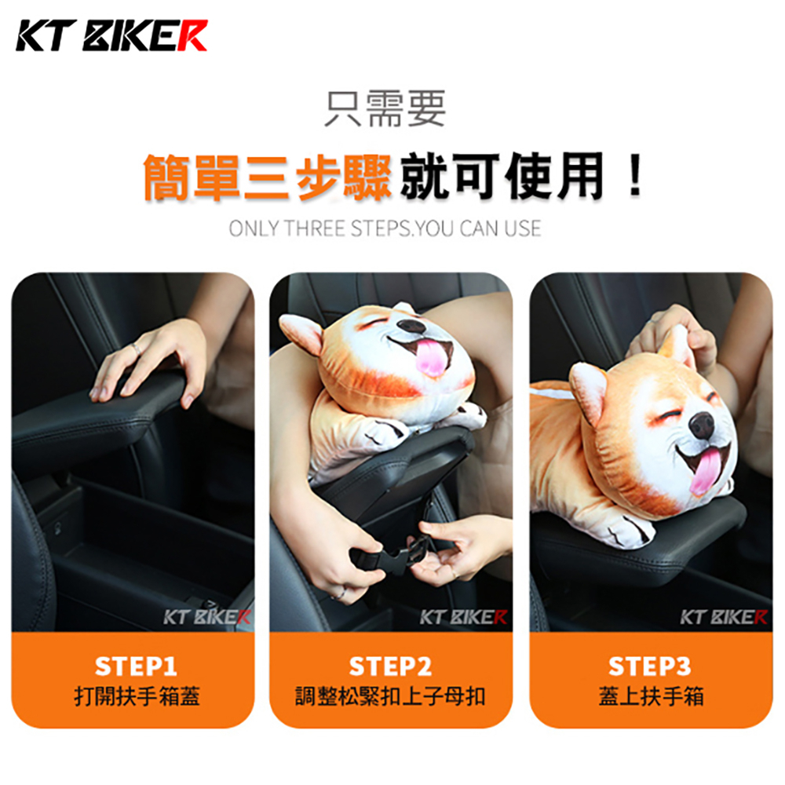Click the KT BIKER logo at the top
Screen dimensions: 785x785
tap(111, 35)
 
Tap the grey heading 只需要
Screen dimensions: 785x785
tap(385, 108)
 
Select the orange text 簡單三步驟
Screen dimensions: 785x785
tap(268, 177)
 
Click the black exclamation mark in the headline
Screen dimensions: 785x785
tap(635, 175)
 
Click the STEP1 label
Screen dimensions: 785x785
tap(136, 666)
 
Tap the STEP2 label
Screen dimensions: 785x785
tap(390, 666)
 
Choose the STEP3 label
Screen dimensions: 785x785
tap(649, 666)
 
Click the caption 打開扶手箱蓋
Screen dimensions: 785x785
tap(137, 696)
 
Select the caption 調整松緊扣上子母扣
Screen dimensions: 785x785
tap(390, 696)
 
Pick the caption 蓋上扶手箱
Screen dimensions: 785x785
tap(651, 696)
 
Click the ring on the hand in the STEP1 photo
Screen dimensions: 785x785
tap(136, 349)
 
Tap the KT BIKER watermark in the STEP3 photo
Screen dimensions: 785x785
tap(723, 617)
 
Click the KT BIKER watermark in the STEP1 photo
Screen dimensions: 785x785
tap(206, 617)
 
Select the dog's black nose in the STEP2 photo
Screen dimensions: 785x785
tap(411, 327)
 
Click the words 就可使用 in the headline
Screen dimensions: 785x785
tap(502, 176)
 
